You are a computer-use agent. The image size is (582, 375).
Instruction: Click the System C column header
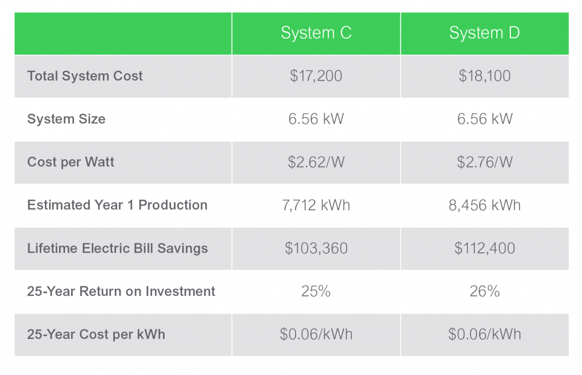click(x=316, y=33)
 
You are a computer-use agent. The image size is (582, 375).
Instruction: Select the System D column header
click(x=484, y=33)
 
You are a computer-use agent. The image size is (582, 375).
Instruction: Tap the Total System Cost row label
click(x=85, y=76)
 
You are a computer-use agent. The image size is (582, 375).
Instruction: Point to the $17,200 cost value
click(x=316, y=76)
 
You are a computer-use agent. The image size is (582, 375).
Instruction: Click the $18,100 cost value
click(x=484, y=76)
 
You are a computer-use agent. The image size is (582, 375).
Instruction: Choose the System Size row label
click(x=66, y=119)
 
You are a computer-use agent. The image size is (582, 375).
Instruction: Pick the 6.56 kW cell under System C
click(x=316, y=119)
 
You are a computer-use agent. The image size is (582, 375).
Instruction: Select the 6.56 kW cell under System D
click(x=484, y=119)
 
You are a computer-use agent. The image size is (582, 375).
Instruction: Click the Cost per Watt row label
click(x=71, y=162)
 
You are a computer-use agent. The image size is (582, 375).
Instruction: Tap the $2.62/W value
click(x=316, y=162)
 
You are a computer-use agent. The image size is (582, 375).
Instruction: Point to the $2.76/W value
click(x=484, y=162)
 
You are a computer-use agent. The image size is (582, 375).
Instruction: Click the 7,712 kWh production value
click(x=316, y=205)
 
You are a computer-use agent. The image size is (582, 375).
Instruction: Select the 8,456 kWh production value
click(x=484, y=205)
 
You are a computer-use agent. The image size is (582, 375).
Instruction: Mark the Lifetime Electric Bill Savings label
click(x=117, y=248)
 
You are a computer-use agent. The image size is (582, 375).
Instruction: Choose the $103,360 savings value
click(x=316, y=248)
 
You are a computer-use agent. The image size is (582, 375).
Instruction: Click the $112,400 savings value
click(x=484, y=248)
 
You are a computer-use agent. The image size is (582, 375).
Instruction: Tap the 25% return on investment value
click(x=316, y=291)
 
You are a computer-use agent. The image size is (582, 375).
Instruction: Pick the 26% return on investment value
click(x=484, y=291)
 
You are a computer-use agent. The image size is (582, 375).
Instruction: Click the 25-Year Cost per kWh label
click(x=96, y=334)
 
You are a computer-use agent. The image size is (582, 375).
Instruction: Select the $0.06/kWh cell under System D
click(x=484, y=334)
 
